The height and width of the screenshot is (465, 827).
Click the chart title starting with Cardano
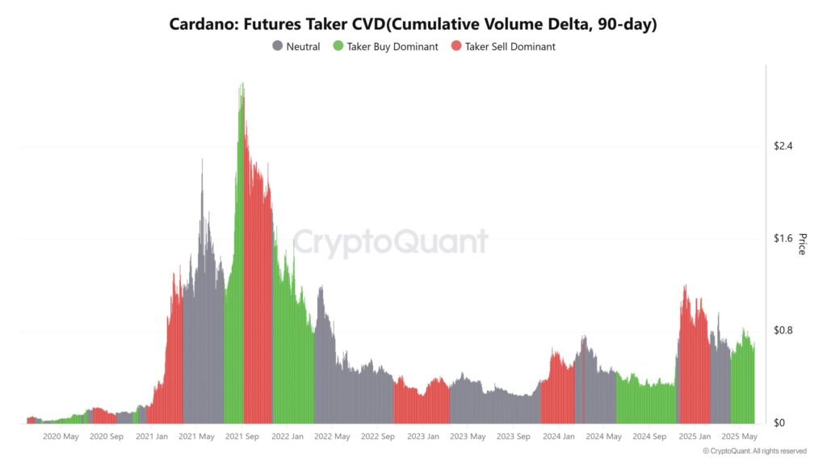(413, 24)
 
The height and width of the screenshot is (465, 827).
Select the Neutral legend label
(303, 47)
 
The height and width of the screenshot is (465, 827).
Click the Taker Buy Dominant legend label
(393, 47)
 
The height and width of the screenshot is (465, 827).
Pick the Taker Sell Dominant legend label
(510, 47)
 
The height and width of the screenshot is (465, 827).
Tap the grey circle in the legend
(278, 47)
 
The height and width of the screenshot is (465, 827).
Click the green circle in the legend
(338, 47)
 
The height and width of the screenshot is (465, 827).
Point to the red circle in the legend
(456, 47)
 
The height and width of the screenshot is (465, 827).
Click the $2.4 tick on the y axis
(783, 146)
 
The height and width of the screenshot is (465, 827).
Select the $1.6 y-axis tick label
(783, 239)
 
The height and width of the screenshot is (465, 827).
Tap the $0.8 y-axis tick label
(783, 331)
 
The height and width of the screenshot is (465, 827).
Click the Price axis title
(802, 244)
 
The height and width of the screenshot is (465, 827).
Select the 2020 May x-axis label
(61, 437)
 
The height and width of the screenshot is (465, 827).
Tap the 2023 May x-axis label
(468, 437)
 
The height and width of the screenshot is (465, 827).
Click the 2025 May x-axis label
(738, 437)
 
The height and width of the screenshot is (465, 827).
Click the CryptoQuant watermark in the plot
(390, 242)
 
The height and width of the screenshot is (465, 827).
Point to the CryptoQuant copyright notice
(754, 451)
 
